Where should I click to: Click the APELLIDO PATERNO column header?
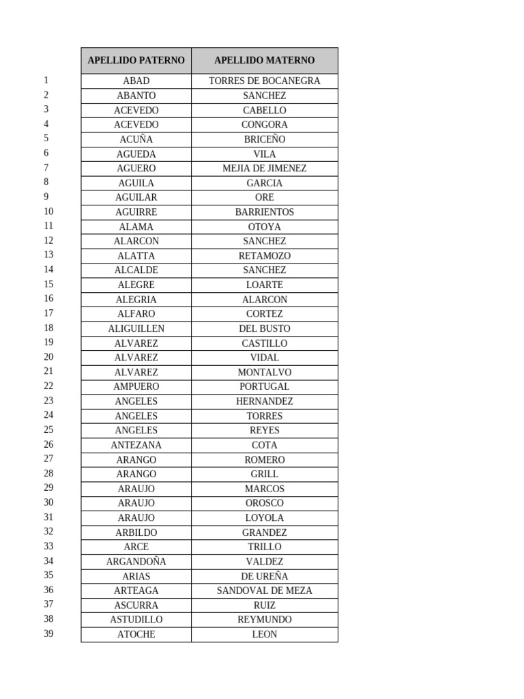click(136, 61)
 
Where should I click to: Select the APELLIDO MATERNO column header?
click(265, 61)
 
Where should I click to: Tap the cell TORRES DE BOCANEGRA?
click(265, 81)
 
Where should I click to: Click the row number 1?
click(46, 81)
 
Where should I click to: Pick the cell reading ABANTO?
click(136, 96)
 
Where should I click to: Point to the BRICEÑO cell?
click(265, 139)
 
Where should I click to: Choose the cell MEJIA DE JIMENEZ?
click(265, 169)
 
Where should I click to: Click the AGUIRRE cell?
click(136, 212)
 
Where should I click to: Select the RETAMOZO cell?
click(265, 256)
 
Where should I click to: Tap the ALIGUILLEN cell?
click(136, 328)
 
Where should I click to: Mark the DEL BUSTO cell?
click(265, 328)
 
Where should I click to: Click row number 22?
click(48, 386)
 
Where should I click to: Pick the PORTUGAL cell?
click(265, 386)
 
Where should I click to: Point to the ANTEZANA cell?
click(136, 445)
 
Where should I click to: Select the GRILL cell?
click(265, 474)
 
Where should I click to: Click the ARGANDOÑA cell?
click(136, 562)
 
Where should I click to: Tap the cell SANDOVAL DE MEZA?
click(265, 590)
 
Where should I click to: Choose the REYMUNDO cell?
click(265, 620)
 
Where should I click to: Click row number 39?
click(48, 634)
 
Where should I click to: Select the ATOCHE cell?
click(136, 634)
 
